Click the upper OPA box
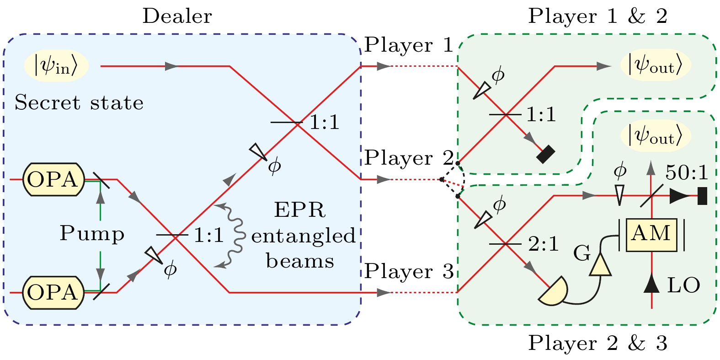tap(53, 179)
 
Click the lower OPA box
tap(53, 292)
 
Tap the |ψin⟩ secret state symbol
tap(56, 66)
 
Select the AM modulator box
tap(651, 234)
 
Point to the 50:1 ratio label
tap(687, 172)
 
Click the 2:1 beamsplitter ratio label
tap(544, 244)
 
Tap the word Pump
tap(92, 234)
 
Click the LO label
tap(683, 286)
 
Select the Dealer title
tap(177, 16)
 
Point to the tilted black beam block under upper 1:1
tap(545, 154)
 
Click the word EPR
tap(299, 210)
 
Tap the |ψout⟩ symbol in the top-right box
tap(656, 66)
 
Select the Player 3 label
tap(409, 271)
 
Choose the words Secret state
tap(79, 103)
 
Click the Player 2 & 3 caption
tap(597, 343)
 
